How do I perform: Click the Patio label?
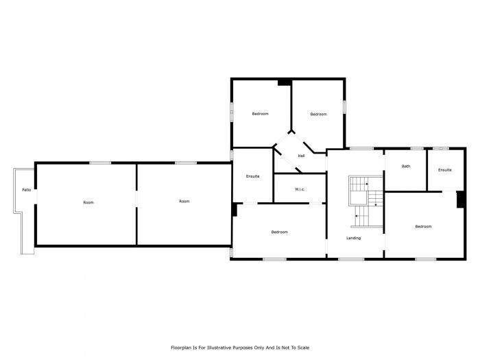pos(26,190)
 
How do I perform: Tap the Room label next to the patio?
pos(88,202)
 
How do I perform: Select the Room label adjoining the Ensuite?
pos(184,201)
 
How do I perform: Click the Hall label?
pos(301,156)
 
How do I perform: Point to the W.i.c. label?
pos(300,189)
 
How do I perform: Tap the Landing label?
pos(354,238)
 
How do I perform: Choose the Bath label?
pos(406,166)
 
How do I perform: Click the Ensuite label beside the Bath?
pos(445,169)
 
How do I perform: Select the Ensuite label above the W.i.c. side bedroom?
pos(252,177)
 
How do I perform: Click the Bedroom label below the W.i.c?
pos(279,232)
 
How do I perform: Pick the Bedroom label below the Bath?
pos(423,226)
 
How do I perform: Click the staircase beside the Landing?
pos(364,201)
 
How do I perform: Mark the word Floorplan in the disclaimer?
pos(182,348)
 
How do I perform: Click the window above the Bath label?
pos(416,148)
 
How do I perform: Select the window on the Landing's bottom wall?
pos(351,259)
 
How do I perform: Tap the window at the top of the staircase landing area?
pos(361,148)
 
